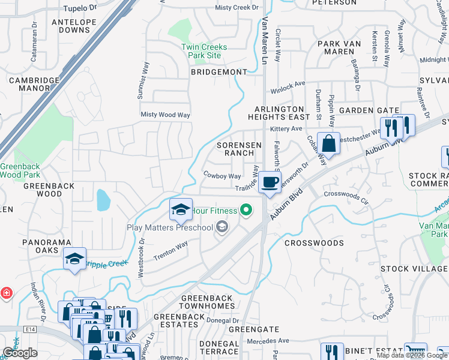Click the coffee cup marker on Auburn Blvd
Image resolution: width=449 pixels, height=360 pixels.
pyautogui.click(x=270, y=182)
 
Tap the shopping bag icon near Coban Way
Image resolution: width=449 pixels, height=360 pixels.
pyautogui.click(x=328, y=143)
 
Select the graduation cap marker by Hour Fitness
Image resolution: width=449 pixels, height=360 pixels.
pyautogui.click(x=181, y=209)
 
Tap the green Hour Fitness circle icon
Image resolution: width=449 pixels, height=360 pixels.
pyautogui.click(x=245, y=210)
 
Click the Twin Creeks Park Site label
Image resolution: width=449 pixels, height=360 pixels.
pyautogui.click(x=201, y=51)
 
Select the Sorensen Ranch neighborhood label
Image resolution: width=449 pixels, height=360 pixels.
pyautogui.click(x=239, y=149)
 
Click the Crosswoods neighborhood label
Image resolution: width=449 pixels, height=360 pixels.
pyautogui.click(x=313, y=243)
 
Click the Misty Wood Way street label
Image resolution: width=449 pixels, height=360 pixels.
pyautogui.click(x=165, y=115)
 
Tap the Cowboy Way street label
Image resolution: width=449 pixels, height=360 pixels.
pyautogui.click(x=222, y=176)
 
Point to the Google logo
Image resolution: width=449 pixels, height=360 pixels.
pyautogui.click(x=20, y=353)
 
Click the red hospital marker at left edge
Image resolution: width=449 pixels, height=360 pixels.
pyautogui.click(x=6, y=293)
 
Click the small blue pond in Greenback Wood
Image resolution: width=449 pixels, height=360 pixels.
pyautogui.click(x=103, y=200)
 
